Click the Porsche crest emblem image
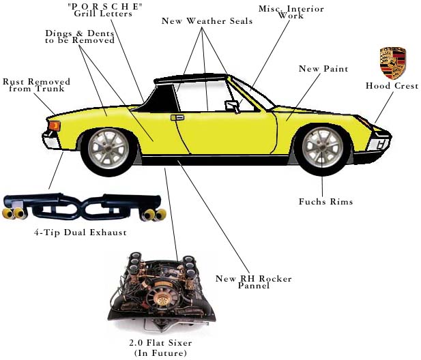(392, 63)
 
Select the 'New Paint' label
(323, 69)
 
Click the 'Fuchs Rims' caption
(325, 202)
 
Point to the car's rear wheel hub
(108, 148)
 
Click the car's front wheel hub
(322, 148)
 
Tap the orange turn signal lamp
(53, 125)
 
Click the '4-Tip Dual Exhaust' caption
(80, 233)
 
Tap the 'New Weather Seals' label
(207, 21)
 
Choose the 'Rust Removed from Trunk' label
(36, 85)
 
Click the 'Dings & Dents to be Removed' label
(80, 37)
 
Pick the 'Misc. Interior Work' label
(291, 12)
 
